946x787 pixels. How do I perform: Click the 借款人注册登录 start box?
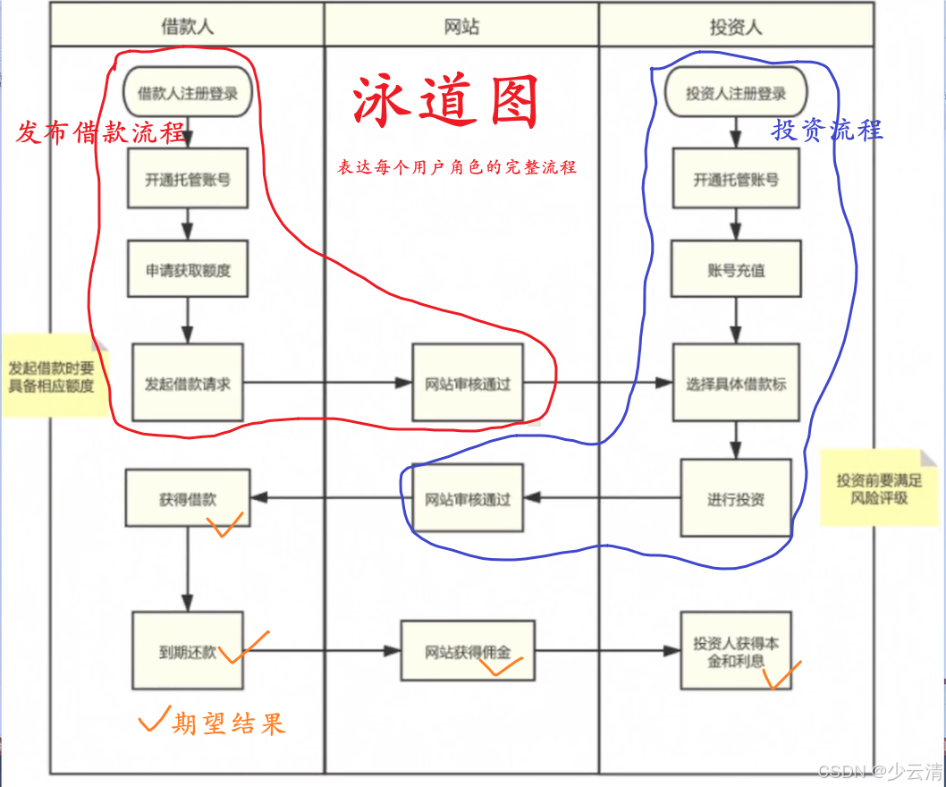point(188,93)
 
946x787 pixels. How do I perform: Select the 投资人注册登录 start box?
point(736,93)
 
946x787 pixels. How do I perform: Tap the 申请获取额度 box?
point(188,269)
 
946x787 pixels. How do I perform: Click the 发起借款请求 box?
point(188,383)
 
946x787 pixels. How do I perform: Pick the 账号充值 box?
point(736,269)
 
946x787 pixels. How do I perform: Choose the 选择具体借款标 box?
point(736,384)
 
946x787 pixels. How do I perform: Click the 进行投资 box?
point(736,498)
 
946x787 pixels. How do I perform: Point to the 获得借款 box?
point(188,499)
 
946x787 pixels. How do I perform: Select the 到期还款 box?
point(188,651)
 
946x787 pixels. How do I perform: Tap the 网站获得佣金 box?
point(468,652)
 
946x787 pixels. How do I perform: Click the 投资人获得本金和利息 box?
point(736,652)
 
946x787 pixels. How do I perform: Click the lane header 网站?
point(461,26)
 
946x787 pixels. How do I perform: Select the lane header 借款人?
point(188,26)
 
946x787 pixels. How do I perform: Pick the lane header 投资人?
point(736,26)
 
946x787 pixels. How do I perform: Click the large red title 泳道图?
point(446,103)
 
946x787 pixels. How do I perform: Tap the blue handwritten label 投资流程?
point(827,130)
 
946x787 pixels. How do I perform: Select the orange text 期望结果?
point(228,723)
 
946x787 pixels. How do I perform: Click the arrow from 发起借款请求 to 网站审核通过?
point(326,384)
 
